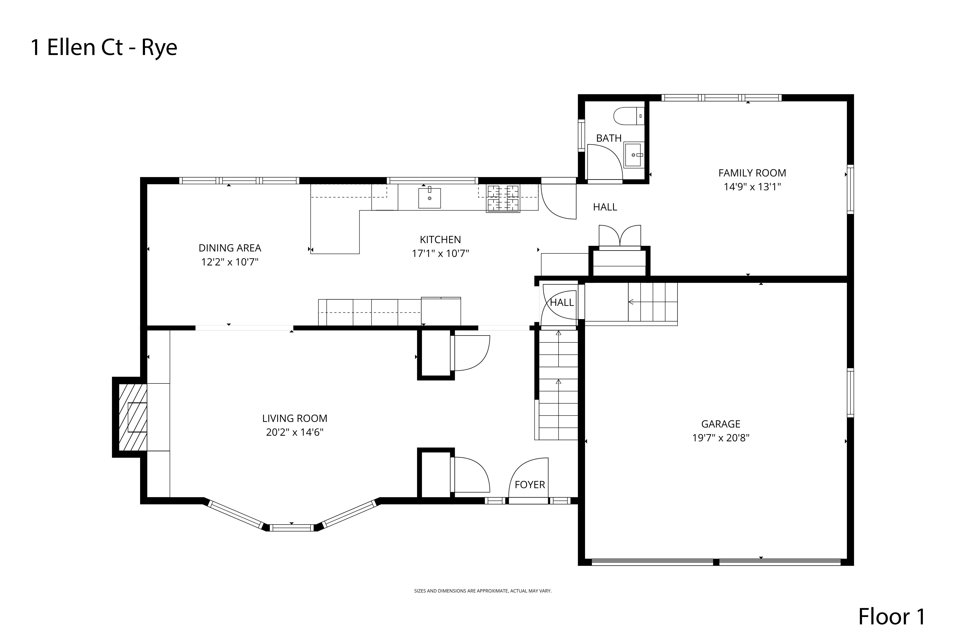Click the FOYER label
tap(529, 485)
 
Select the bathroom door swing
tap(604, 162)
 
